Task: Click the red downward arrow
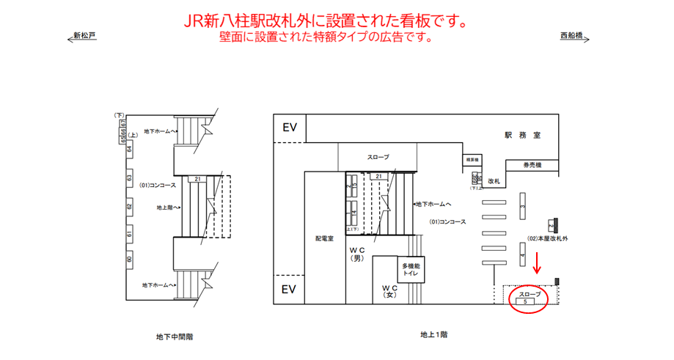(x=537, y=262)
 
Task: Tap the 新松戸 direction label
(x=84, y=35)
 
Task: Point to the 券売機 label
(x=532, y=165)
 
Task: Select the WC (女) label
(x=389, y=291)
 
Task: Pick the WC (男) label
(x=357, y=253)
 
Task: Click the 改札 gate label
(x=494, y=180)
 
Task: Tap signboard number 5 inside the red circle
(x=526, y=301)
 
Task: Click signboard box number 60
(x=129, y=259)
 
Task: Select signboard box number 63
(x=129, y=178)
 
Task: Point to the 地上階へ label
(x=168, y=207)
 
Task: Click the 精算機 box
(x=472, y=159)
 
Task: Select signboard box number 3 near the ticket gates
(x=522, y=207)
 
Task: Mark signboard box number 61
(x=129, y=234)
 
